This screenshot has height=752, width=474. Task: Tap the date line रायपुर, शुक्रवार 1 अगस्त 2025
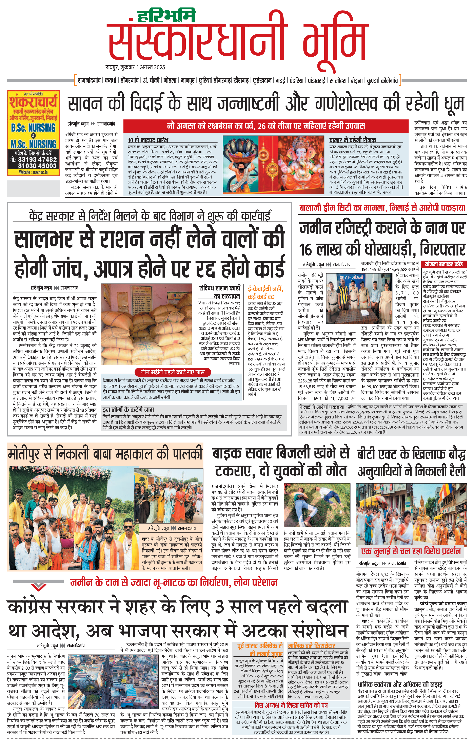(135, 67)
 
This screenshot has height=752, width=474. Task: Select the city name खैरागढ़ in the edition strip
(241, 81)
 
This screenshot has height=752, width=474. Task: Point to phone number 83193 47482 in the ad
(37, 159)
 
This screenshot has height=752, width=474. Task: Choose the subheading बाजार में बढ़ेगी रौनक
(352, 140)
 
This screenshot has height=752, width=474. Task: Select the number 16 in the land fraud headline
(306, 250)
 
